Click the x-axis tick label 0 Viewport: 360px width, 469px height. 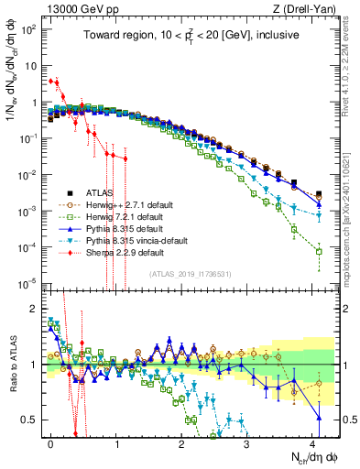click(x=50, y=442)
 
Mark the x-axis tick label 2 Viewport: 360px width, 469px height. click(x=181, y=442)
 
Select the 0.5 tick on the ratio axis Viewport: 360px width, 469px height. click(x=33, y=420)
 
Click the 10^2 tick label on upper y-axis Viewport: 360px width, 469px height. click(x=31, y=29)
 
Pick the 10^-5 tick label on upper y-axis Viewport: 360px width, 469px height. click(x=31, y=281)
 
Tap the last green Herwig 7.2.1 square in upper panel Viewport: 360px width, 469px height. click(x=319, y=251)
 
